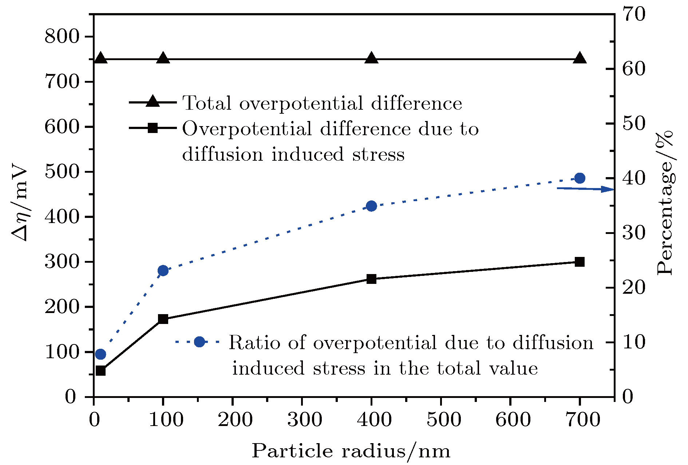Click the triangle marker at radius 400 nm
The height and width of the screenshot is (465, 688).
[371, 58]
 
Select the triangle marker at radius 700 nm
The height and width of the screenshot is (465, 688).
[580, 58]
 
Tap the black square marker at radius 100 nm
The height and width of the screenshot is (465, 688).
[163, 319]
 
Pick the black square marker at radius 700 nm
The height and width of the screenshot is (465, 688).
[580, 262]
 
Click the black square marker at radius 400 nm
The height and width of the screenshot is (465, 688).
[371, 279]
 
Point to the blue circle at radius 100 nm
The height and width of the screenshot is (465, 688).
[163, 270]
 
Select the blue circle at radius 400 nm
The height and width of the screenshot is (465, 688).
[371, 206]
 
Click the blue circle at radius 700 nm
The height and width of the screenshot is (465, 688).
[580, 178]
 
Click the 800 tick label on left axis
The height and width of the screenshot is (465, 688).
[62, 37]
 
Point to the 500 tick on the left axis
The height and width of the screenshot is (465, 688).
[62, 172]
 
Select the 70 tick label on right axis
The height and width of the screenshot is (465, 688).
[633, 15]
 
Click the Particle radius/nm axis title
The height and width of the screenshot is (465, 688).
[351, 451]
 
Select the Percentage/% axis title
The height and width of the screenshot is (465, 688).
[665, 202]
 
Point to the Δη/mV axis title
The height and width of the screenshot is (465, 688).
[20, 204]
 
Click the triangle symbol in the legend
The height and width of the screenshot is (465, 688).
[153, 102]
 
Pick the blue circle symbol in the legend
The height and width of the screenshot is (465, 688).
[199, 342]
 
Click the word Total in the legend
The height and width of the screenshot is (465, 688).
[207, 103]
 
